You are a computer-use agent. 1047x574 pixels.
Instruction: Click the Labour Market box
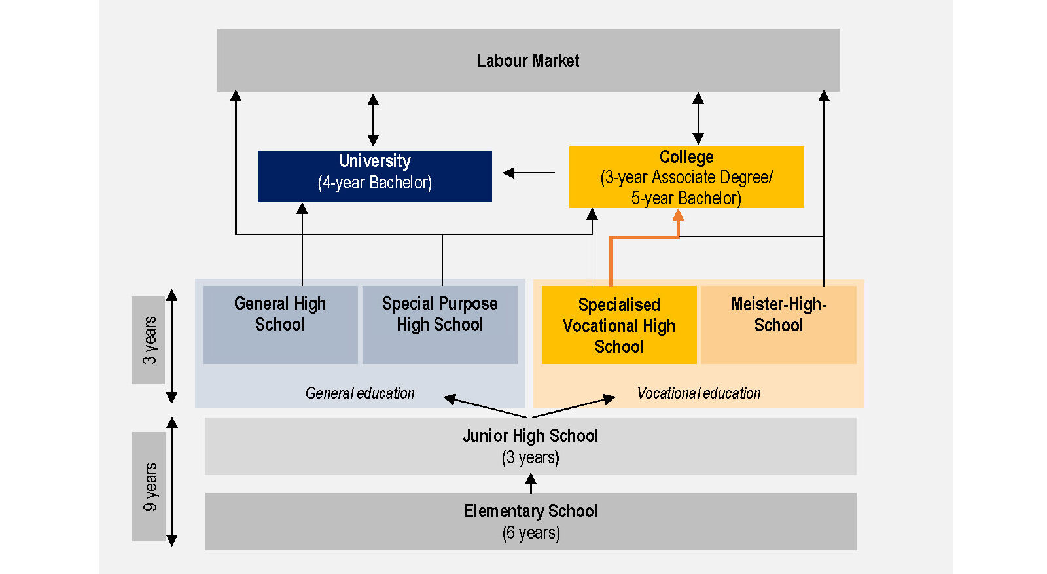click(528, 60)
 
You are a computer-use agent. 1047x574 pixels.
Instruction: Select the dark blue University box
click(374, 175)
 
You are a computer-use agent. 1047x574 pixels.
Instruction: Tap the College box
click(686, 177)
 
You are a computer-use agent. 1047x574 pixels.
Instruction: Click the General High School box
click(280, 325)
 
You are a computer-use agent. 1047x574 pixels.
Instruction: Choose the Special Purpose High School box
click(440, 325)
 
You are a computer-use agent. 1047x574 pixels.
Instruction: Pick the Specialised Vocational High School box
click(618, 325)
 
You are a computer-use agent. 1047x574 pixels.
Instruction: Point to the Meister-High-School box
click(779, 325)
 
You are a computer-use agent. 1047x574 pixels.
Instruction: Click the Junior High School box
click(530, 446)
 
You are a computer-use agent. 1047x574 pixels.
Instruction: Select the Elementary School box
click(530, 522)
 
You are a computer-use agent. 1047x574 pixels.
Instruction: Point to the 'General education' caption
click(360, 393)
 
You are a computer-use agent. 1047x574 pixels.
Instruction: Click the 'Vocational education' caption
click(698, 393)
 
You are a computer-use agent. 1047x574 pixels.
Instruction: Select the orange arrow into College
click(645, 238)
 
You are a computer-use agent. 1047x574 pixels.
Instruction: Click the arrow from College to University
click(529, 173)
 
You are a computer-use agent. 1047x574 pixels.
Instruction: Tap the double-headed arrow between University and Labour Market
click(373, 120)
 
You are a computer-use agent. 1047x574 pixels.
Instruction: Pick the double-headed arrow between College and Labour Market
click(698, 118)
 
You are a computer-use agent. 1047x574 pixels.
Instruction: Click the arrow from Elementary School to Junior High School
click(531, 484)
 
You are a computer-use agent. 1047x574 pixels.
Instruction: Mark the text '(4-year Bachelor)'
click(374, 183)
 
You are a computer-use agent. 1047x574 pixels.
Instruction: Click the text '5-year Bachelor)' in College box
click(686, 198)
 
